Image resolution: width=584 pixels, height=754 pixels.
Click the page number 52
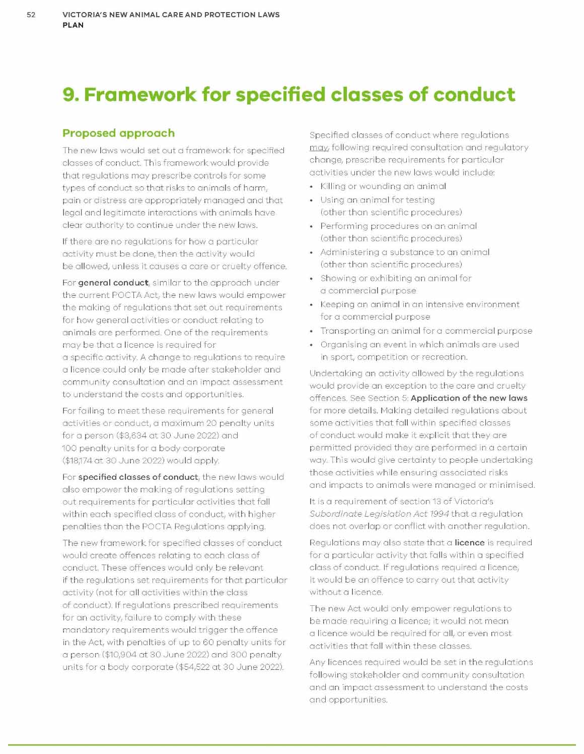point(31,15)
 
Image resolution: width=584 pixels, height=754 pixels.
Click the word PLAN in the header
point(73,25)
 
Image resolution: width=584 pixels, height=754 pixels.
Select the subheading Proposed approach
point(118,133)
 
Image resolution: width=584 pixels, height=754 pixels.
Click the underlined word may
point(318,147)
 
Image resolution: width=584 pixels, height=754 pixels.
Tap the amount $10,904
point(121,655)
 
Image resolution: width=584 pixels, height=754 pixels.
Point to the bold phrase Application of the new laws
point(469,398)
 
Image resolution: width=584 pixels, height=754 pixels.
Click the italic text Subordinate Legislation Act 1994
point(379,514)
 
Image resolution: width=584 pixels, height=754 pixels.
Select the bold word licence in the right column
point(469,542)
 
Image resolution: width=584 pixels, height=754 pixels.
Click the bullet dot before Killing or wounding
point(312,186)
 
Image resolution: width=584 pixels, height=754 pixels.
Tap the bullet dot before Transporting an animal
point(312,331)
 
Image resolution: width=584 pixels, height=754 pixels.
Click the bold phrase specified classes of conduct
point(138,477)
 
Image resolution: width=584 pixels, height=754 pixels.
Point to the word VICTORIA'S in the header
point(86,15)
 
